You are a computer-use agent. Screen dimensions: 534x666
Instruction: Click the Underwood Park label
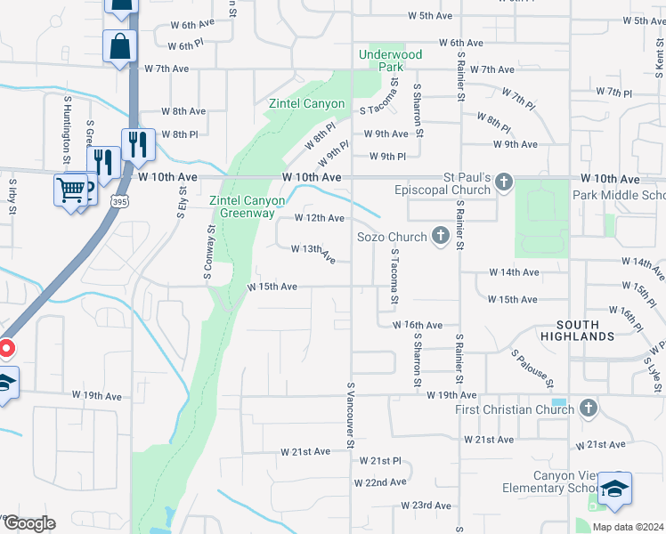tap(390, 61)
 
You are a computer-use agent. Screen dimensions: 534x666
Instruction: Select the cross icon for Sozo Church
tap(440, 236)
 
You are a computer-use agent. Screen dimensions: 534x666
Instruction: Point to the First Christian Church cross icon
tap(587, 409)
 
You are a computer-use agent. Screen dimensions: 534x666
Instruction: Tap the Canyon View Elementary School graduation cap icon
tap(614, 489)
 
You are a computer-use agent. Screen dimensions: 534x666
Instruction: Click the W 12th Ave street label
tap(319, 218)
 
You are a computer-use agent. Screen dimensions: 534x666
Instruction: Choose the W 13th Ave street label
tap(313, 254)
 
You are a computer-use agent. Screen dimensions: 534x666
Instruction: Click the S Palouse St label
tap(532, 367)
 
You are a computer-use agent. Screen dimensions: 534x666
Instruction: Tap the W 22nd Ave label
tap(380, 481)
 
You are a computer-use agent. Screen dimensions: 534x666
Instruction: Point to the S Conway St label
tap(212, 251)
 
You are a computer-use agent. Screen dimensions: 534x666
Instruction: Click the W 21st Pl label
tap(381, 460)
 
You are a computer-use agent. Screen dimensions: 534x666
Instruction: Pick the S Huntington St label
tap(67, 133)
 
